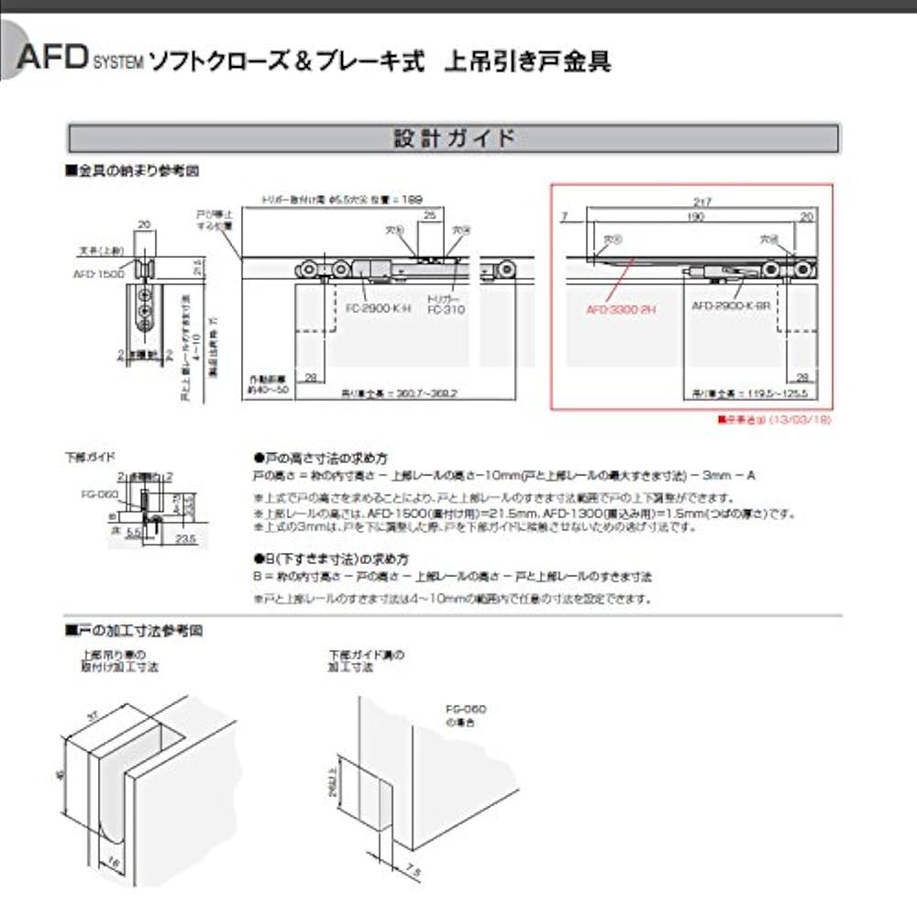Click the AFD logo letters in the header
52,61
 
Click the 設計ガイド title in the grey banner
454,138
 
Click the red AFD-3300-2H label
619,310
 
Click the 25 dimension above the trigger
429,215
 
